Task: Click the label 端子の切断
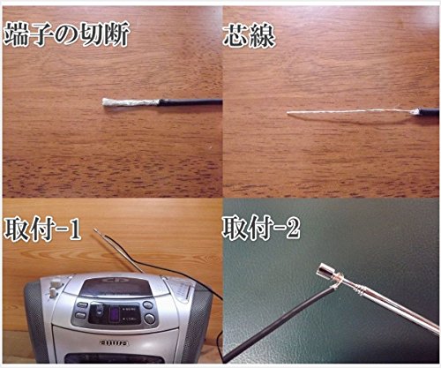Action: pyautogui.click(x=68, y=36)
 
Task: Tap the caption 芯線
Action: pyautogui.click(x=250, y=36)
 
